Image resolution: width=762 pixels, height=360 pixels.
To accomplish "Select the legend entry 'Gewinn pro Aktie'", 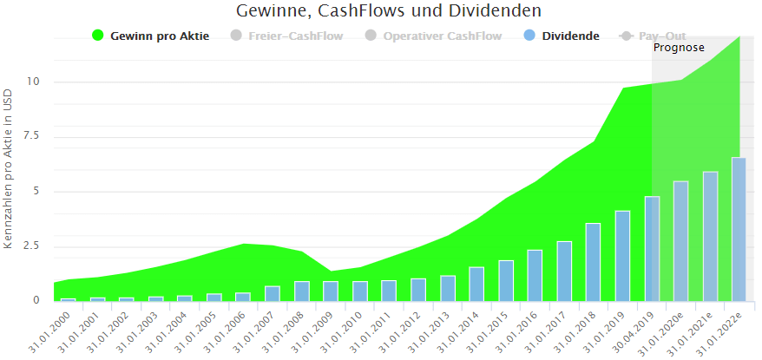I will click(160, 36).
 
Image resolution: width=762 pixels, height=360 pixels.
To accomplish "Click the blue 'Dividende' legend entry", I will click(569, 36).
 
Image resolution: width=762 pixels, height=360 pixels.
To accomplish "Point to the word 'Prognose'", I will click(679, 48).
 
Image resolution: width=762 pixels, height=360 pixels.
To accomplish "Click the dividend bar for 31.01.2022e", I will click(739, 229).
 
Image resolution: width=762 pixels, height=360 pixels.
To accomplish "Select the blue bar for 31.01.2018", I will click(593, 262).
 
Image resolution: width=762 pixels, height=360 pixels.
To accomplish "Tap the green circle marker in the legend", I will click(98, 36).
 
